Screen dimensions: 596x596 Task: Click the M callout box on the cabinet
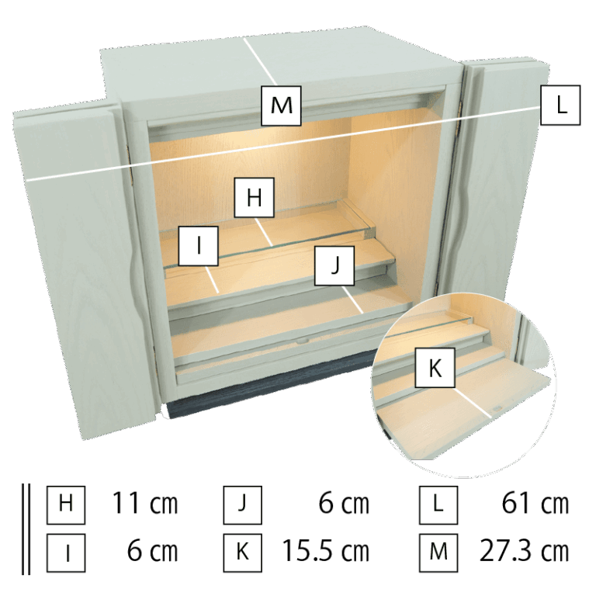tap(281, 106)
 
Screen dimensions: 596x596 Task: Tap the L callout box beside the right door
tap(560, 105)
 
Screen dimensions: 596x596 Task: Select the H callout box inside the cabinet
tap(254, 197)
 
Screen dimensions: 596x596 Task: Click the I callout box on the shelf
tap(199, 246)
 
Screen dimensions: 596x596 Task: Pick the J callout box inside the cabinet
tap(334, 265)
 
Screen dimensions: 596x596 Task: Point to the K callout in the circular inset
tap(435, 368)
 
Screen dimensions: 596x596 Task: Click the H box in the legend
tap(66, 504)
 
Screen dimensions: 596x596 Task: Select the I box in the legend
tap(66, 553)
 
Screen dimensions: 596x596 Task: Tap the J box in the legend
tap(242, 504)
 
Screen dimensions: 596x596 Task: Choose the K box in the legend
tap(242, 553)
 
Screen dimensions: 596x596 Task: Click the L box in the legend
tap(438, 504)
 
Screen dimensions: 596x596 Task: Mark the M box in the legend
tap(438, 553)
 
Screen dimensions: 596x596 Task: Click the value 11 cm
tap(145, 504)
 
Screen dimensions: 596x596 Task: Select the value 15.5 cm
tap(326, 552)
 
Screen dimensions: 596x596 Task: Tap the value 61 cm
tap(535, 504)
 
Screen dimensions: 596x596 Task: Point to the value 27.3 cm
tap(524, 552)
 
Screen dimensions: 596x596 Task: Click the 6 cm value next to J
tap(344, 504)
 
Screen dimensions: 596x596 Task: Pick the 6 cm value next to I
tap(152, 552)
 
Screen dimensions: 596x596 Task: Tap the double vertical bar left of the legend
tap(26, 529)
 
